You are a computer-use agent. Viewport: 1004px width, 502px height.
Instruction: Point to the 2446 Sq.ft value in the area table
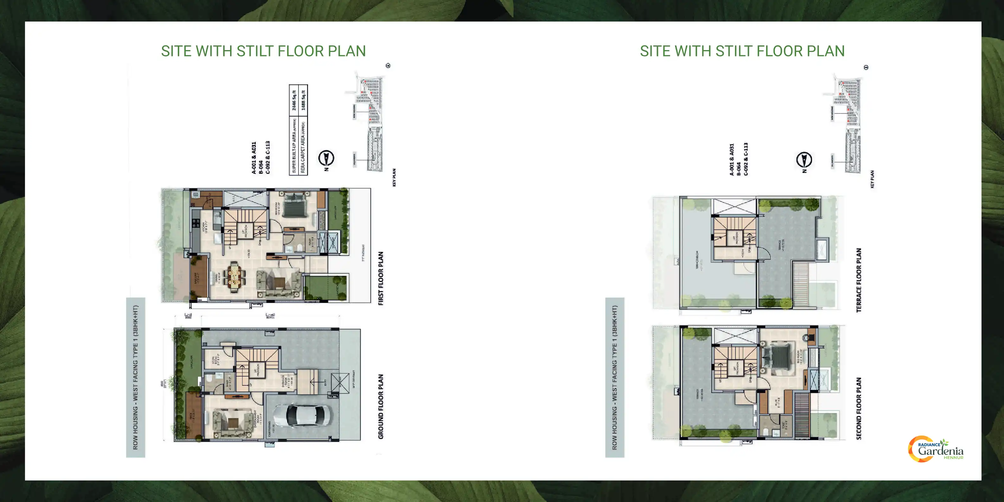pyautogui.click(x=294, y=100)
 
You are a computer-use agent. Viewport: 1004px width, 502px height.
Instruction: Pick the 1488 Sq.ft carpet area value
pyautogui.click(x=303, y=100)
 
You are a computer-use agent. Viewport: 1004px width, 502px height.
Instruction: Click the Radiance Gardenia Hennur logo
pyautogui.click(x=936, y=449)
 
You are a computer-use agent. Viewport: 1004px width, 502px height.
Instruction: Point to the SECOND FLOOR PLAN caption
pyautogui.click(x=859, y=408)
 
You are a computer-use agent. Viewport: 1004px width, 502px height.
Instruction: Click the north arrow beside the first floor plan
pyautogui.click(x=326, y=158)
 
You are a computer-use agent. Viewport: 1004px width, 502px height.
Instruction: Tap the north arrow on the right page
pyautogui.click(x=804, y=159)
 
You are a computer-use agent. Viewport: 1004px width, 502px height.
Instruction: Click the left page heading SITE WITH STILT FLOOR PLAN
pyautogui.click(x=263, y=51)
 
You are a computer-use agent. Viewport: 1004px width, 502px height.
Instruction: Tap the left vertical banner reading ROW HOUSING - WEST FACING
pyautogui.click(x=136, y=377)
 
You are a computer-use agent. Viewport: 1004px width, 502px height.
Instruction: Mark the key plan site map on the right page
pyautogui.click(x=846, y=123)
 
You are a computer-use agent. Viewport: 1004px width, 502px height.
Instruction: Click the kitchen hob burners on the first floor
pyautogui.click(x=196, y=223)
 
